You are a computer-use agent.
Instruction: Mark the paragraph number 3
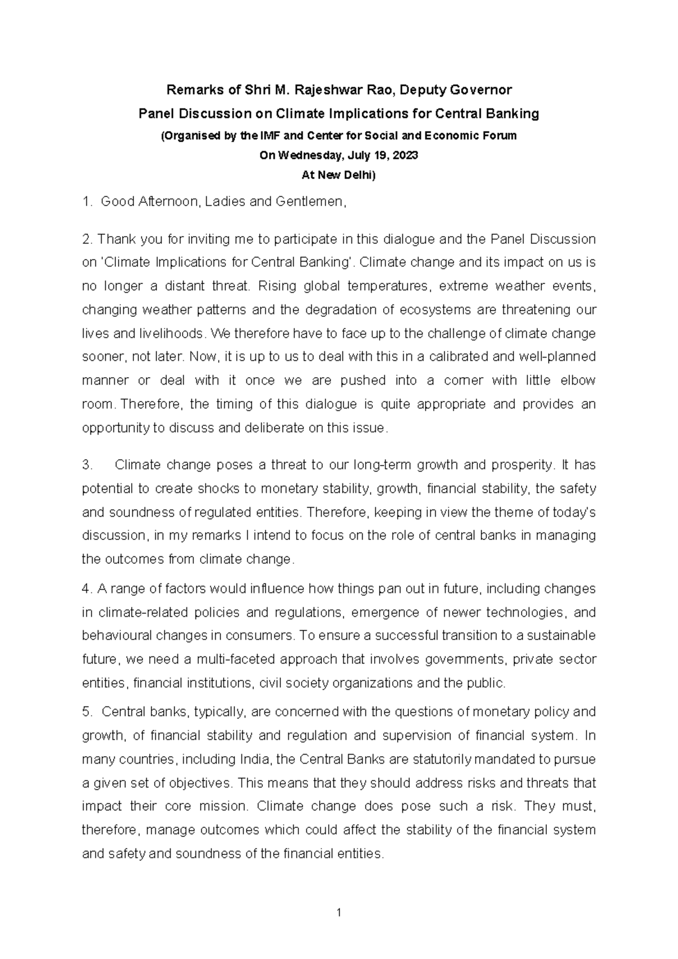[86, 465]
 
